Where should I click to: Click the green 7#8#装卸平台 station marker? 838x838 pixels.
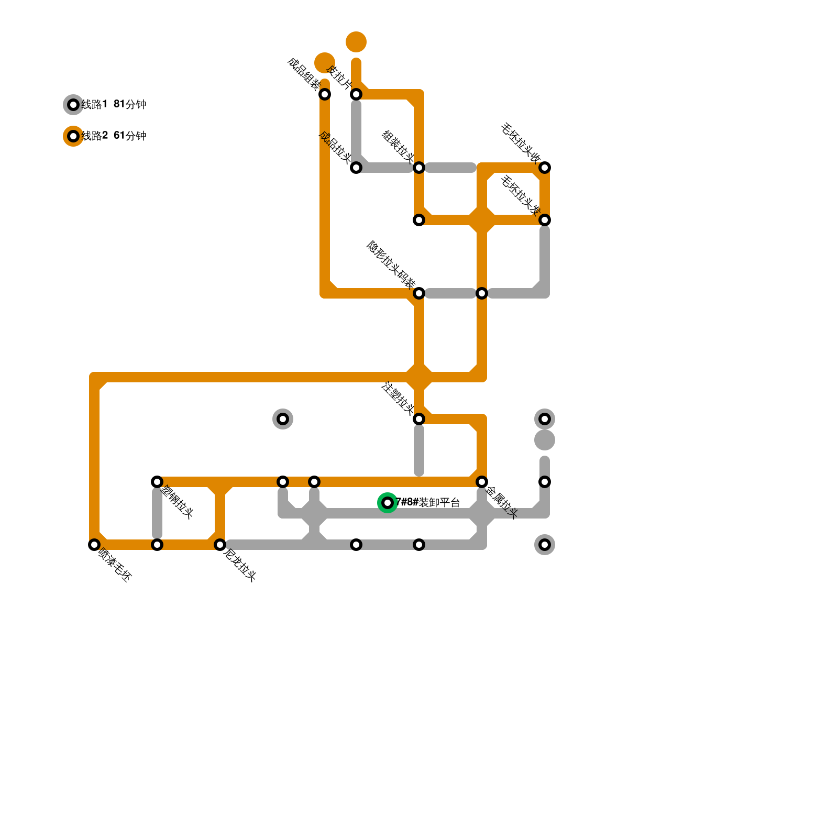tap(388, 503)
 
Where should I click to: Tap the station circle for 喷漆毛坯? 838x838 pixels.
tap(94, 545)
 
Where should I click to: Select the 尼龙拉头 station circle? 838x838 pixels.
tap(220, 545)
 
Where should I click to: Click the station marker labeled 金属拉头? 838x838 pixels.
tap(482, 482)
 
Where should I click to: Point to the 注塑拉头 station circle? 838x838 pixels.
tap(419, 419)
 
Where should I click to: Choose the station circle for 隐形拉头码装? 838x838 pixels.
tap(419, 293)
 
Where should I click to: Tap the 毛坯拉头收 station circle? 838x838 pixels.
tap(545, 168)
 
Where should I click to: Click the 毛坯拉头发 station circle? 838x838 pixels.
tap(545, 220)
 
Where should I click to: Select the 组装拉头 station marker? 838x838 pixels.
tap(419, 168)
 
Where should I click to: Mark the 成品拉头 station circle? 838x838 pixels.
tap(356, 168)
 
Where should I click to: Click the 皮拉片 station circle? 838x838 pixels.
tap(356, 94)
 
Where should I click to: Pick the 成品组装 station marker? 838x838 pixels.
tap(325, 94)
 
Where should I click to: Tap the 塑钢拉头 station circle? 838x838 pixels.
tap(157, 482)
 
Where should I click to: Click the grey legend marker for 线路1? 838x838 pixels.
tap(73, 105)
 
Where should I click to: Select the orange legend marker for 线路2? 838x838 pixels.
tap(73, 136)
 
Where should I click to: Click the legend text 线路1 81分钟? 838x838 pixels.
tap(114, 105)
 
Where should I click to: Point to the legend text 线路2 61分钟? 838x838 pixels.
tap(114, 136)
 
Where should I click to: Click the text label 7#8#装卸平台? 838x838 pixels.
tap(428, 503)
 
